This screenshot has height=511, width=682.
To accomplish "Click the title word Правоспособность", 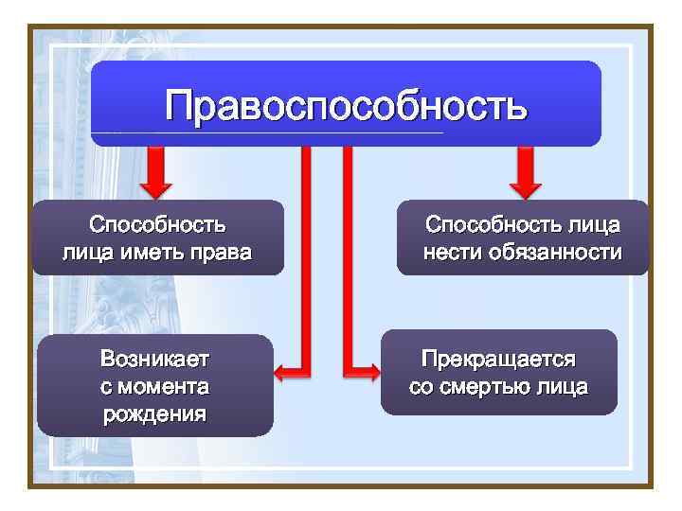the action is tap(346, 105).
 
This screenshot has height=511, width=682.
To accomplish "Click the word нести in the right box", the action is tap(453, 253).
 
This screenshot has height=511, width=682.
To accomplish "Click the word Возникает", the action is tap(154, 361).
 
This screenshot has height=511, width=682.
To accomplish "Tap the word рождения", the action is tap(154, 414).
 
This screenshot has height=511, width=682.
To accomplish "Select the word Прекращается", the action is tap(498, 361).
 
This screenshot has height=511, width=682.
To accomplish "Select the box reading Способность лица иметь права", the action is tap(158, 238).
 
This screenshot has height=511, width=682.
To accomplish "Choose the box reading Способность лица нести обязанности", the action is tap(523, 238).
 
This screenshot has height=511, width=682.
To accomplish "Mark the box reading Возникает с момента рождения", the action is tap(154, 386).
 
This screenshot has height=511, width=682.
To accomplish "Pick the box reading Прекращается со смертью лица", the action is tap(498, 373).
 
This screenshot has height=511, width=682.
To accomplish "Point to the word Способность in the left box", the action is tap(157, 225).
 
